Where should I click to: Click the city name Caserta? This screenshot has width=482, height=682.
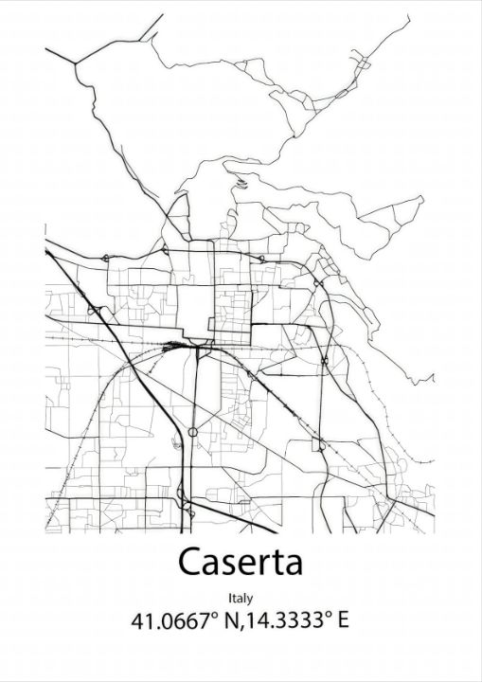click(241, 562)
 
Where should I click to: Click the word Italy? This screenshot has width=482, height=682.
click(241, 599)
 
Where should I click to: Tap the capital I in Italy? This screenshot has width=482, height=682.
click(230, 598)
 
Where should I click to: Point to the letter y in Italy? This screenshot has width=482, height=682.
click(250, 601)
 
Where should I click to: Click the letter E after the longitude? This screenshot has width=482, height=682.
click(342, 621)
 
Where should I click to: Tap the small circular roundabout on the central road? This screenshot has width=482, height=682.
click(193, 432)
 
